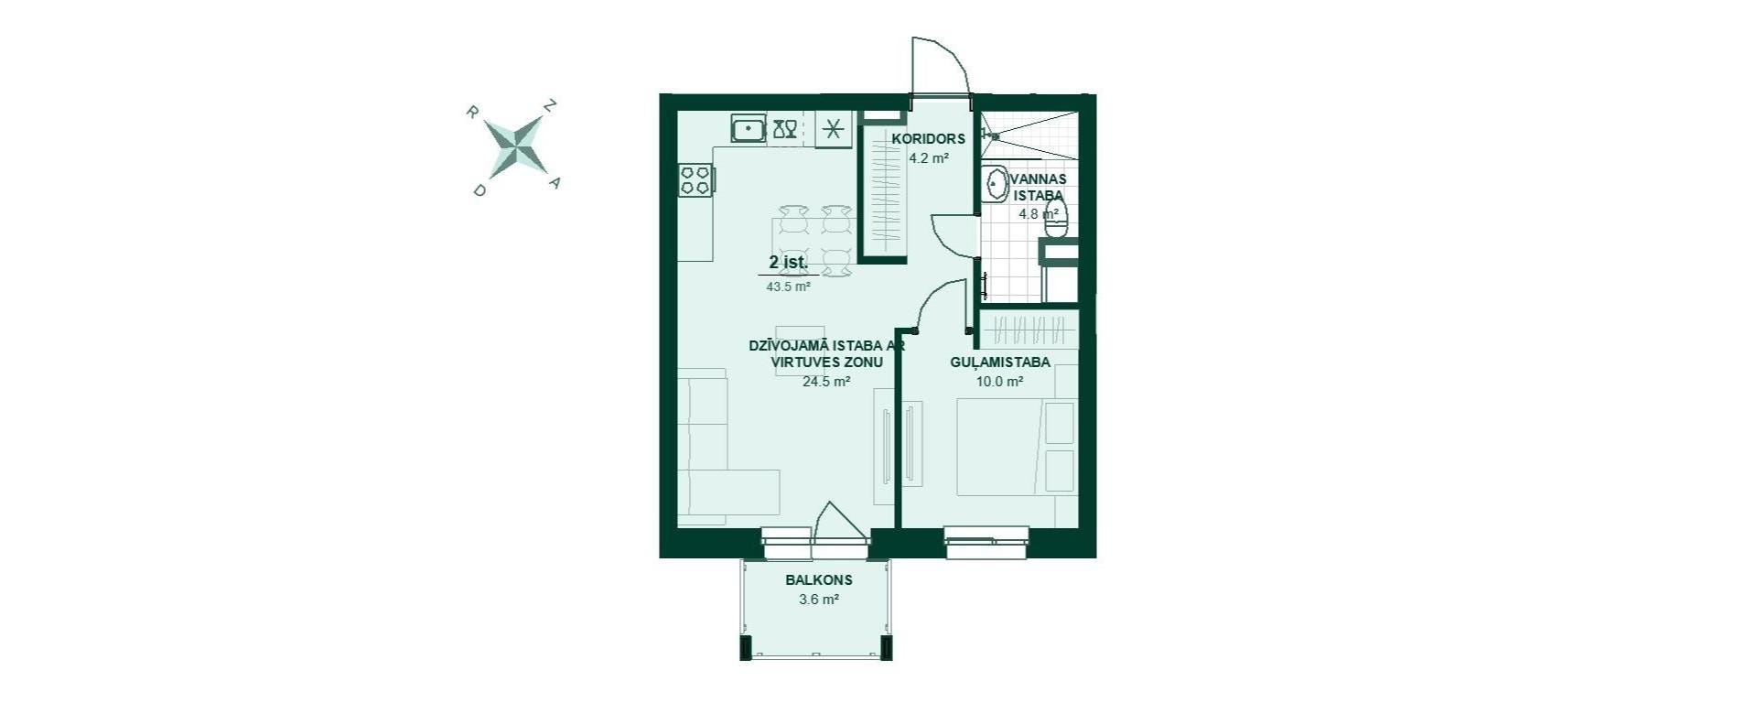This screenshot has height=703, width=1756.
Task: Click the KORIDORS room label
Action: point(929,139)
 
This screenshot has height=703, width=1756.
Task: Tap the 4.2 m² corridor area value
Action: point(928,157)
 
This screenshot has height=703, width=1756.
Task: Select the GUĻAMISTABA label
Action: point(999,362)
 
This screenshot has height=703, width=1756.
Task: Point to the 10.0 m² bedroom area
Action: point(999,382)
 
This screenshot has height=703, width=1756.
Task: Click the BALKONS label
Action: point(819,579)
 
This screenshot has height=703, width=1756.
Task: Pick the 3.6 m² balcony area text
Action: point(819,600)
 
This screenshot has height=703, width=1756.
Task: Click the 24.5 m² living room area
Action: point(826,382)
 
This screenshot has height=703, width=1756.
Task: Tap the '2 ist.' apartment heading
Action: point(788,263)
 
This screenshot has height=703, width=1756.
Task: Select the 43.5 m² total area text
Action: point(788,287)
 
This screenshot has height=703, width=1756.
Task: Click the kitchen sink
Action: point(749,128)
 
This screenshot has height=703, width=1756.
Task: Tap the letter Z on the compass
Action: point(550,105)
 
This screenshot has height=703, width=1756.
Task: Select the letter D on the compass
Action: point(478,190)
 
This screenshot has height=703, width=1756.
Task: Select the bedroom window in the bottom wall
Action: point(986,541)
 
